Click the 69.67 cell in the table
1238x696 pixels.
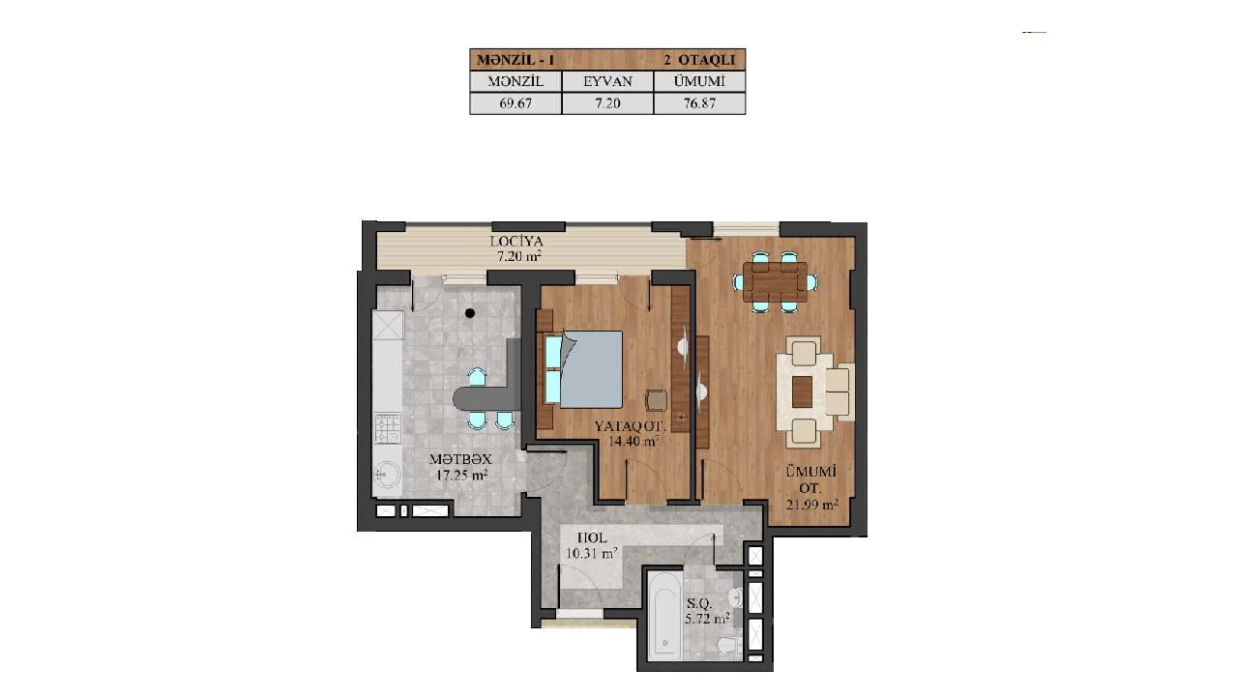(x=516, y=103)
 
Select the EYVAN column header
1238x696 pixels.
(x=607, y=81)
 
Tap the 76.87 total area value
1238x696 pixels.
(x=699, y=103)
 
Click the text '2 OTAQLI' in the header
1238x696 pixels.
(x=699, y=60)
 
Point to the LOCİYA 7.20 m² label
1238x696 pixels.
(x=517, y=248)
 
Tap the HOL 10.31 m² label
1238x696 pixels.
(x=592, y=544)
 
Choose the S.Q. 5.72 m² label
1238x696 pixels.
(x=707, y=611)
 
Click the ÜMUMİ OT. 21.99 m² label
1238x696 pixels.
(x=811, y=488)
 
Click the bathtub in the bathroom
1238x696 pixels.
(x=664, y=616)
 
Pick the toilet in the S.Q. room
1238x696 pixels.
(x=728, y=644)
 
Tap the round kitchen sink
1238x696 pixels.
(x=387, y=474)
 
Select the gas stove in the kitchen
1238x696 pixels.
(x=388, y=428)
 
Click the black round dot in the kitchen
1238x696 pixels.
(x=470, y=313)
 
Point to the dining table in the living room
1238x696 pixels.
(x=775, y=282)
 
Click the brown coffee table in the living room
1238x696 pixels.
(x=802, y=391)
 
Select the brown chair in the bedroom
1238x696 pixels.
(x=657, y=400)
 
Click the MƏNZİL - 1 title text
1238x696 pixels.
(x=516, y=60)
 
